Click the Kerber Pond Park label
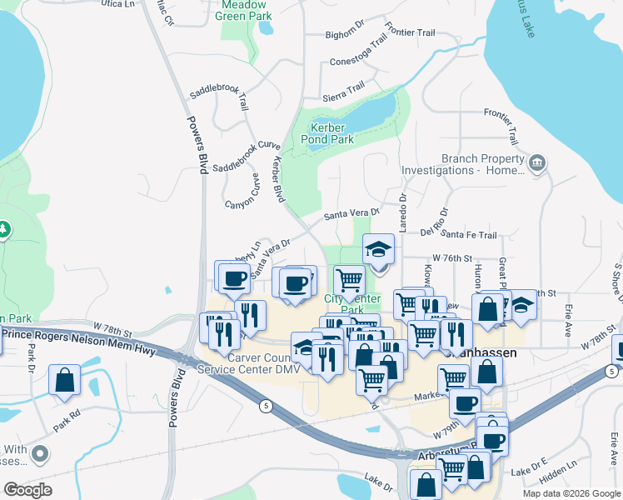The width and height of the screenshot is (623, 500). click(x=332, y=133)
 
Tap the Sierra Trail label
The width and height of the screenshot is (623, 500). click(x=344, y=87)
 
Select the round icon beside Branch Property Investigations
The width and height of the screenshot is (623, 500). click(x=537, y=164)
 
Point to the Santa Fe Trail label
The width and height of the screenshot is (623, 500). click(x=469, y=236)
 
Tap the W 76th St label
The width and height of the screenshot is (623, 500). click(x=451, y=259)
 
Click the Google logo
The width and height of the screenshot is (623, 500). click(x=27, y=490)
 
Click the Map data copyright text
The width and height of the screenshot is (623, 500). click(x=571, y=493)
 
